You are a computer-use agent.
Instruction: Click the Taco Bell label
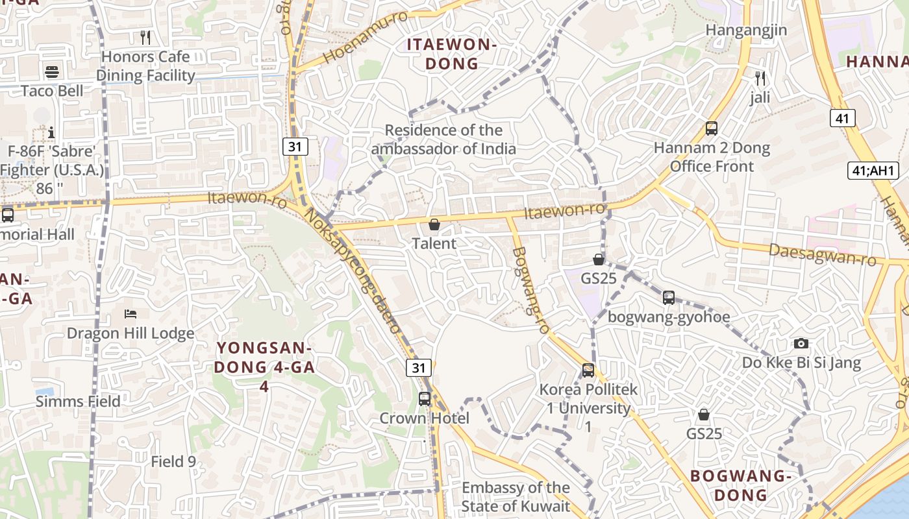point(52,90)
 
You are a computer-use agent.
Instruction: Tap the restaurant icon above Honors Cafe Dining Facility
point(145,37)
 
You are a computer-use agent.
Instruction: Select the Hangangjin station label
point(746,30)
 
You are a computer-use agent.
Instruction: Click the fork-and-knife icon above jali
point(760,78)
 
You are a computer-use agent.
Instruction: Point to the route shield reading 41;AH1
point(873,171)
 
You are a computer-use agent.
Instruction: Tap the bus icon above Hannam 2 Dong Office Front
point(712,128)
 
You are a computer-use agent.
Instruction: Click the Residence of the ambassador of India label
point(443,139)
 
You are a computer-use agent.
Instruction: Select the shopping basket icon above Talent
point(434,224)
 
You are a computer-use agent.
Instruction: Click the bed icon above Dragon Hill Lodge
point(131,314)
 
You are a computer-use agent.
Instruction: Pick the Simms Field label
point(78,402)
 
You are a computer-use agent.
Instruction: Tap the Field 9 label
point(173,462)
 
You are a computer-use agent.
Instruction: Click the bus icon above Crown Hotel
point(425,399)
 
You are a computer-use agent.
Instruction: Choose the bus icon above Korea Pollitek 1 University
point(588,370)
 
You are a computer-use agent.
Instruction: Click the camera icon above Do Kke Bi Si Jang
point(801,343)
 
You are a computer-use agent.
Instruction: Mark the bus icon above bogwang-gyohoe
point(669,298)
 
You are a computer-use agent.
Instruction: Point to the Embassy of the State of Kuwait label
point(516,497)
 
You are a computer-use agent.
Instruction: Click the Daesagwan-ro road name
point(822,254)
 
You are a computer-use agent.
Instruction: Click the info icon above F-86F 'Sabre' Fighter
point(51,132)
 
